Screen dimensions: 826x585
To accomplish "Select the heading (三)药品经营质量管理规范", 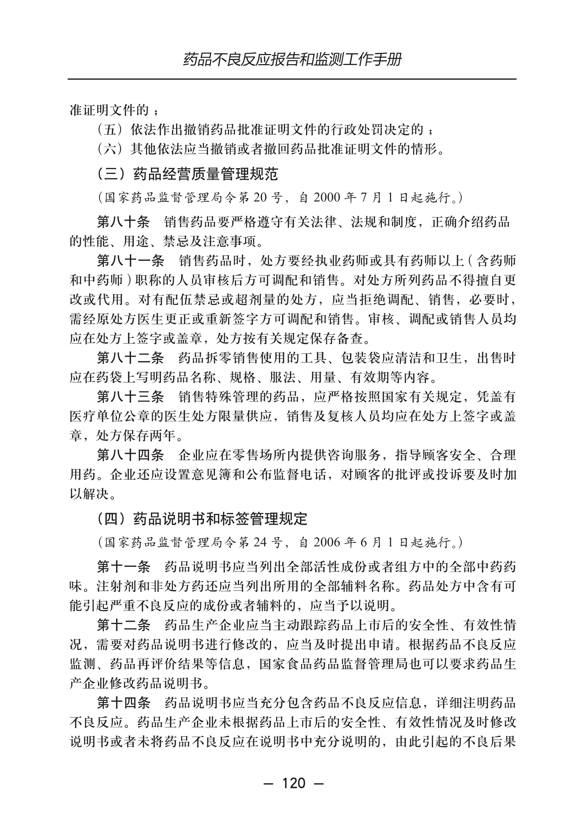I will (x=188, y=174).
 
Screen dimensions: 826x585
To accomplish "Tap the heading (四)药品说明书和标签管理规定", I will (x=203, y=519).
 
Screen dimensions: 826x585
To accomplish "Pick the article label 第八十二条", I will (x=130, y=358).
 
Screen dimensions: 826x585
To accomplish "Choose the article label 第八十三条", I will (x=130, y=397).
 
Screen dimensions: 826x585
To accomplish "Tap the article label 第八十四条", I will (x=130, y=455).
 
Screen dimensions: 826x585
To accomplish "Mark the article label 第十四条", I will (x=123, y=702).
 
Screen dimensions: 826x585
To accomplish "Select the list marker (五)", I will (x=110, y=129).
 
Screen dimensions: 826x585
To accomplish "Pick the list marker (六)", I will (x=110, y=149).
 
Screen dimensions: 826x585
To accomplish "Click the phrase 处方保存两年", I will (x=137, y=436).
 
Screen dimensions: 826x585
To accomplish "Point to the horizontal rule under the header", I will (x=292, y=79).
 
